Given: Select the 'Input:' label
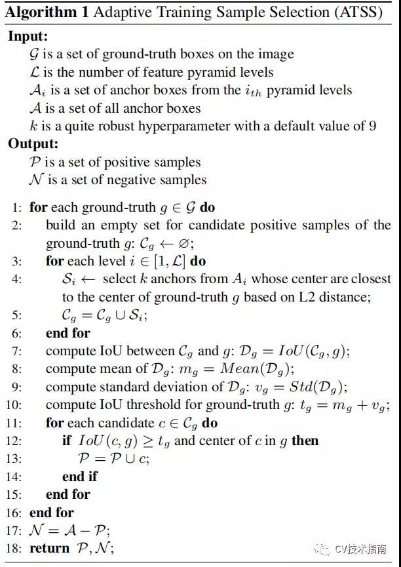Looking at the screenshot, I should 28,37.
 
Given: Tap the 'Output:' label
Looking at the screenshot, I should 33,144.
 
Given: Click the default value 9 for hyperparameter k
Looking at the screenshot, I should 372,126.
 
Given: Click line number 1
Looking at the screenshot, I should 16,207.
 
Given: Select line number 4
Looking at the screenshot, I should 16,279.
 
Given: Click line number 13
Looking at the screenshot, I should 14,458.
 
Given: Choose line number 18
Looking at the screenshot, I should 14,548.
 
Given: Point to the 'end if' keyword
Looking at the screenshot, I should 80,477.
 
